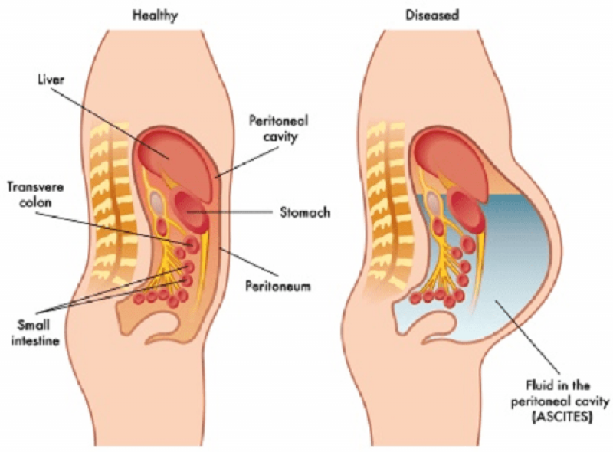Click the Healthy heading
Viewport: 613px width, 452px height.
pos(155,15)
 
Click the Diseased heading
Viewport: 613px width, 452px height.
pos(432,15)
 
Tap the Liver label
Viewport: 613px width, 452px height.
pos(51,80)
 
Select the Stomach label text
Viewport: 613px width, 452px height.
pos(305,212)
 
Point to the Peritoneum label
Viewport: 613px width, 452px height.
pos(278,286)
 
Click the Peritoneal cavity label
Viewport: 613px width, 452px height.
pos(279,128)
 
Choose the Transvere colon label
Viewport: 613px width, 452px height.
pos(35,195)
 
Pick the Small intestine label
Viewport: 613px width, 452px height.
pos(35,332)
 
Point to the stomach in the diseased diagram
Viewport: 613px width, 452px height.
pos(466,211)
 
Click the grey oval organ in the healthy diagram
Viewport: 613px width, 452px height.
pos(157,202)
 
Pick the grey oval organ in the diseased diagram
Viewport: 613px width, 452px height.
pos(432,202)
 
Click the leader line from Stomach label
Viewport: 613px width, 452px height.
pos(229,212)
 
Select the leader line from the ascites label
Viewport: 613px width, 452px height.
pos(527,336)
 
